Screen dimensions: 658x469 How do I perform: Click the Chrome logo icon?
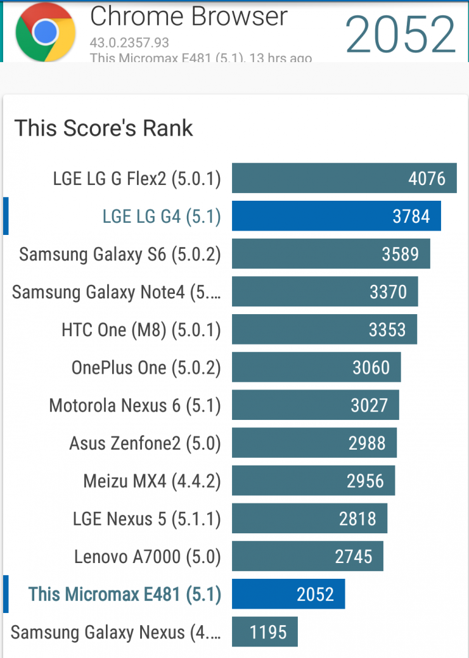45,32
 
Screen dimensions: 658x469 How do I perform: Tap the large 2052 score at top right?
401,33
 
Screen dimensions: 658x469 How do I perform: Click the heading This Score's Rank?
103,128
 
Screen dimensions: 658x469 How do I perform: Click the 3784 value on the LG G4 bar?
411,217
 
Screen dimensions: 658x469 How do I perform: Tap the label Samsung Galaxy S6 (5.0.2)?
120,254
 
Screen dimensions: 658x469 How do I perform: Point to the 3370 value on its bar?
388,292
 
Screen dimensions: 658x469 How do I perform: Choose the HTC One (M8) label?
141,330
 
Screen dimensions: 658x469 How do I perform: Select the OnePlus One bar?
316,367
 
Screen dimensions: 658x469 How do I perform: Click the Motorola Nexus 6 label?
135,405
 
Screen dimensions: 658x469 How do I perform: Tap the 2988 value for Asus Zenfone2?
367,443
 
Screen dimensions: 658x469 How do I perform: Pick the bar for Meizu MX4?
313,481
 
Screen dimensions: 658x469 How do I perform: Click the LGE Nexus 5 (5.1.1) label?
146,519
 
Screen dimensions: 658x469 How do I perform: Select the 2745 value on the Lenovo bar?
354,557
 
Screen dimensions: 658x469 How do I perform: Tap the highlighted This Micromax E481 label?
125,594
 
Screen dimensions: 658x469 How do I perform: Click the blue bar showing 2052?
288,594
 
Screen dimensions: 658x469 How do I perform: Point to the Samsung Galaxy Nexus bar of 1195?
265,632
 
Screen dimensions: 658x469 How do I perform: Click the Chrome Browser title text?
189,16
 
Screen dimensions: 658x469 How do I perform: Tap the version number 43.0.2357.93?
129,42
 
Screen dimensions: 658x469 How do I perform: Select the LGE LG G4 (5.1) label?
162,217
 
